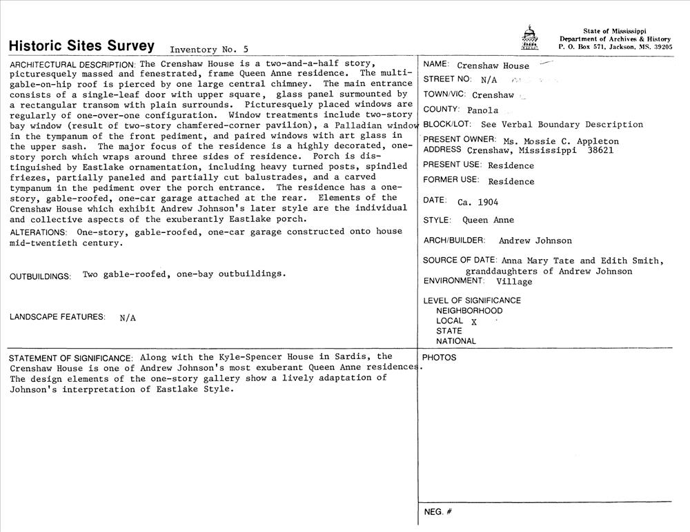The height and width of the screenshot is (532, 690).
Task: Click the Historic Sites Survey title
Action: (x=81, y=46)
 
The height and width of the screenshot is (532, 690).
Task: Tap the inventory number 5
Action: (x=246, y=50)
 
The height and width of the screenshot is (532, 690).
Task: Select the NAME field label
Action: (x=436, y=64)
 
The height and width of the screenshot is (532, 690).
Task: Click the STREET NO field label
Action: (x=447, y=79)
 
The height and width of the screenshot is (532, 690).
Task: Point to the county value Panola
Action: (x=482, y=110)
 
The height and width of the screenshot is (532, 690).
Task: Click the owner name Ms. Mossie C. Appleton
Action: (x=561, y=141)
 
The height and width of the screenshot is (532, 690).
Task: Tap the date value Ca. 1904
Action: (x=477, y=203)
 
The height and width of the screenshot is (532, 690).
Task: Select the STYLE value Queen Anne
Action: (x=488, y=221)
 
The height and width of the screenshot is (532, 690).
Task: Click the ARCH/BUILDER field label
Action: (x=454, y=241)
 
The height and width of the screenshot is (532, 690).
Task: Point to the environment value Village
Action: (x=514, y=282)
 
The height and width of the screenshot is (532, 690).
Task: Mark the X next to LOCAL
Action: (x=474, y=322)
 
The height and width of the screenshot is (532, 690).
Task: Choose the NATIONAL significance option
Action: (x=456, y=341)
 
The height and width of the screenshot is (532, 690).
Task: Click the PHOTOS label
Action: (x=439, y=358)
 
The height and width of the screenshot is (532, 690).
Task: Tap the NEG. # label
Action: (x=437, y=512)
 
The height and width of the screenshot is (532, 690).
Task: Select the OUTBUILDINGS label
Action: (x=40, y=276)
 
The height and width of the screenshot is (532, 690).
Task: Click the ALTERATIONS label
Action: (x=39, y=232)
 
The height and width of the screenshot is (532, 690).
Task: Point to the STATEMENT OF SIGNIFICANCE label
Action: (x=70, y=358)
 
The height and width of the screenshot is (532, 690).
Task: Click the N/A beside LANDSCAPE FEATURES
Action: (x=128, y=318)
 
